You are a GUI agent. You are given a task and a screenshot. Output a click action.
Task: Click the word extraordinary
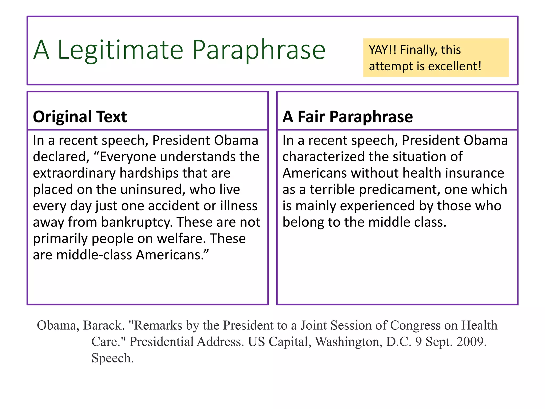click(74, 173)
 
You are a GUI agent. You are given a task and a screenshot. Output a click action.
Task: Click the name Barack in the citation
click(104, 325)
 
